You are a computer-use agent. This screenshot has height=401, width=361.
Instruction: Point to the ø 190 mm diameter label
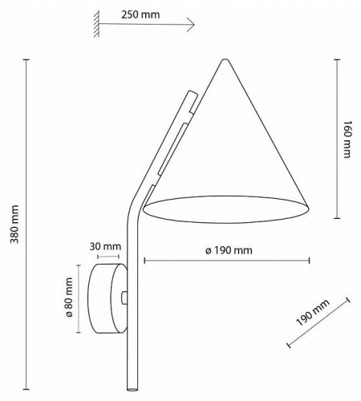pyautogui.click(x=228, y=249)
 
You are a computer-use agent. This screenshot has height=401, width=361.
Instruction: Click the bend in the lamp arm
pyautogui.click(x=135, y=215)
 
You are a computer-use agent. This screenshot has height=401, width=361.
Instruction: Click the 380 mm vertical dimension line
pyautogui.click(x=26, y=224)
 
